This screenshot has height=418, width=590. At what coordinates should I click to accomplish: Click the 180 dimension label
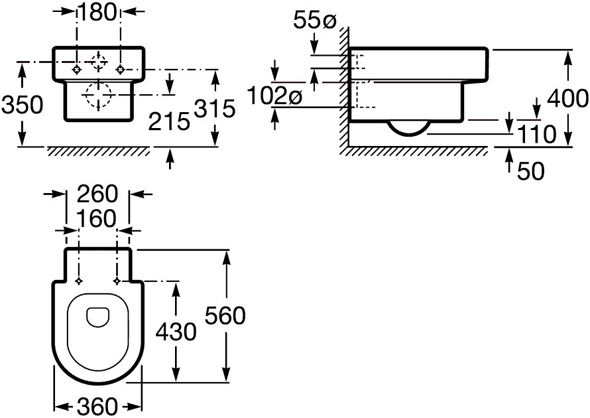[x=97, y=13]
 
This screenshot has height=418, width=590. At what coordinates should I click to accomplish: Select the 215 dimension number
[x=169, y=121]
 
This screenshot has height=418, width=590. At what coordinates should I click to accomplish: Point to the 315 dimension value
[x=215, y=109]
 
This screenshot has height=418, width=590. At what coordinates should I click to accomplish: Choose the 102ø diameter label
[x=275, y=97]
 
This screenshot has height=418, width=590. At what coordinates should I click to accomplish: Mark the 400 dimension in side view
[x=568, y=99]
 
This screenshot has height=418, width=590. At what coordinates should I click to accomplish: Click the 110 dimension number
[x=537, y=135]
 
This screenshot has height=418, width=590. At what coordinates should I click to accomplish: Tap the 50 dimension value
[x=530, y=171]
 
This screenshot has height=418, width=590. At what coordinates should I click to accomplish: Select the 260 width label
[x=98, y=194]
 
